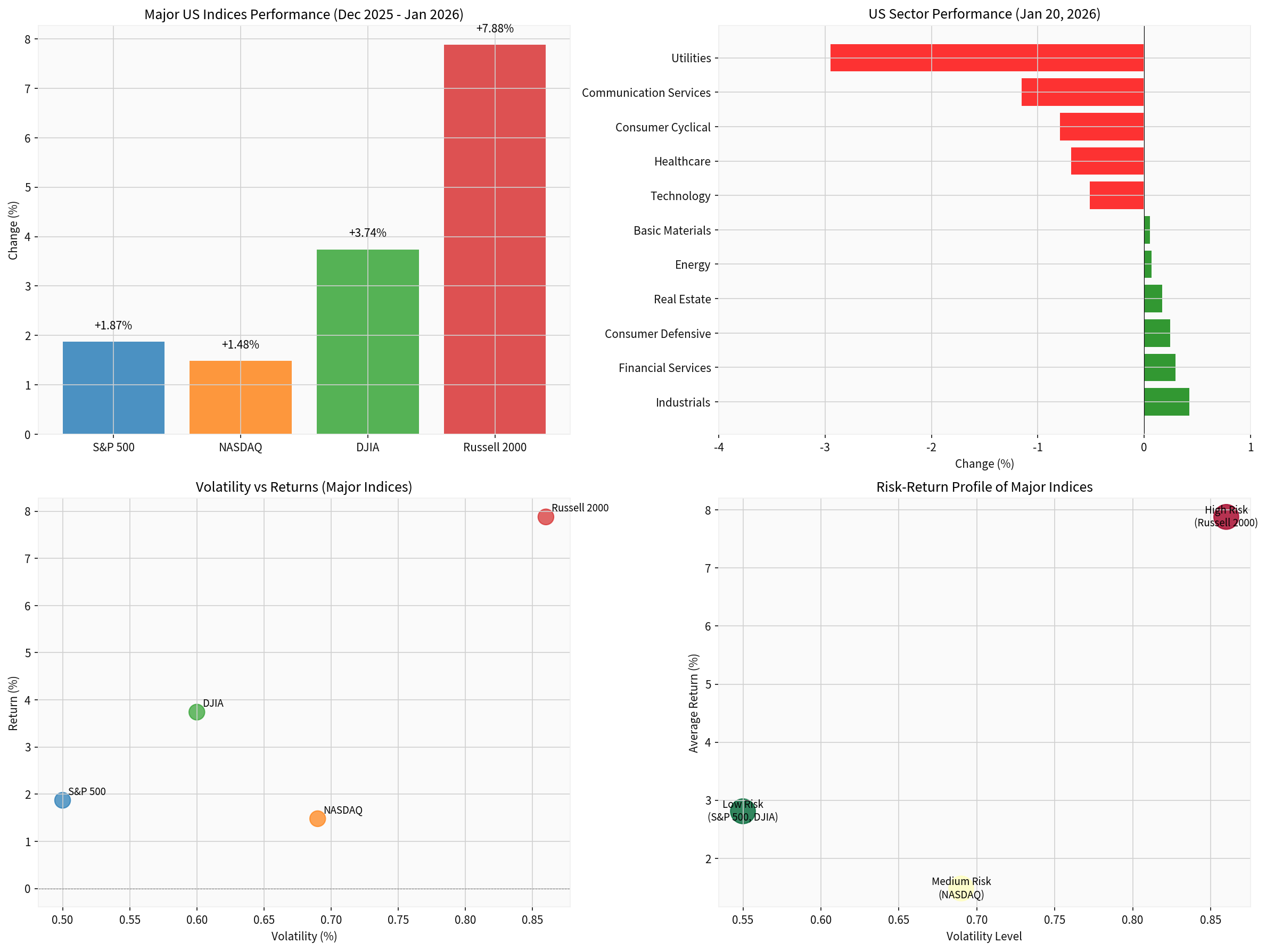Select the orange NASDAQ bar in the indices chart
241,397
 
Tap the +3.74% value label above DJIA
367,233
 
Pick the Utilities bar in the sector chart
987,58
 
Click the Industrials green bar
1166,402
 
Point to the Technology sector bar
1116,196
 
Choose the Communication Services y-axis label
646,93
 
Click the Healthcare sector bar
1107,161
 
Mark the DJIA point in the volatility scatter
196,712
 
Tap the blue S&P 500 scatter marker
62,800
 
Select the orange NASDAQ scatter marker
317,818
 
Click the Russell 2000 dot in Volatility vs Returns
546,517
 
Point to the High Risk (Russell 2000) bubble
1226,517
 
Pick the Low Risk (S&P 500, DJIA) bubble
742,812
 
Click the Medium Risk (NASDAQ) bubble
961,888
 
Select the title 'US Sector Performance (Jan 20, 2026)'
984,14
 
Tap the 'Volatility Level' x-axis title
984,936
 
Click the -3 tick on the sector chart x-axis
825,448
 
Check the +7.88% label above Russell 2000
495,29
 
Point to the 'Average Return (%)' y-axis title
694,702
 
